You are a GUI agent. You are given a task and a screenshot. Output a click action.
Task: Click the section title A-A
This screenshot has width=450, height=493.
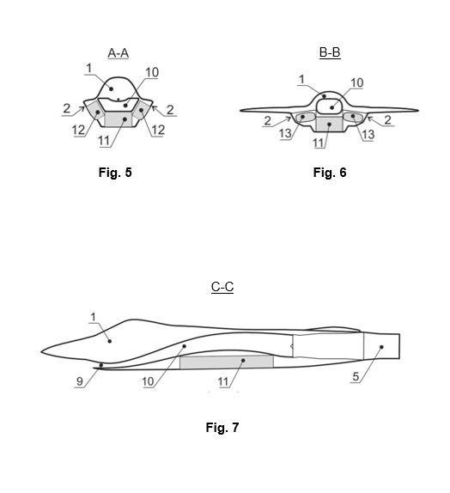(x=118, y=53)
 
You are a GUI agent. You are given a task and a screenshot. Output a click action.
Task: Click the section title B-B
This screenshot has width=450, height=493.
(x=330, y=52)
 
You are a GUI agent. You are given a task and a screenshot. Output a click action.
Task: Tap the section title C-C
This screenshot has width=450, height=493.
(x=222, y=287)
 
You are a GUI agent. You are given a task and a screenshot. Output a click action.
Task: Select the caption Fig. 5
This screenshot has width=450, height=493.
(x=115, y=173)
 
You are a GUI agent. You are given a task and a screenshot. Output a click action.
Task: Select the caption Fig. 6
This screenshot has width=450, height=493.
(x=330, y=173)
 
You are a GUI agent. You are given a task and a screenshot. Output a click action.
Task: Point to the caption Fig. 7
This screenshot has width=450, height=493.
(x=222, y=427)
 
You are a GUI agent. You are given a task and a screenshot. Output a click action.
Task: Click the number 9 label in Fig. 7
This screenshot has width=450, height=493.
(x=80, y=381)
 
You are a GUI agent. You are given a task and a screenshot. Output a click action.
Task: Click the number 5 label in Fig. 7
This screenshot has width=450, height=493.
(x=356, y=376)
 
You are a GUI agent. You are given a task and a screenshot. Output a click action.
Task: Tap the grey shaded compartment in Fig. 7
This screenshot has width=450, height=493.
(x=227, y=362)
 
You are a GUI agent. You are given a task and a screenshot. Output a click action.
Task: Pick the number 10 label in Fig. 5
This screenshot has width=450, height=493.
(x=152, y=72)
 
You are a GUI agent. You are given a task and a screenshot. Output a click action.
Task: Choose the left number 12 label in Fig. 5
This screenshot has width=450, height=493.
(x=79, y=130)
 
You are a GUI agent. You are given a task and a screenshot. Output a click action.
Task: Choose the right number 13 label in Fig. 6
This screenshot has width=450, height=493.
(x=368, y=135)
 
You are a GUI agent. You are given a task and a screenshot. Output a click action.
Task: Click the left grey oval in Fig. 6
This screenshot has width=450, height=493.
(x=305, y=117)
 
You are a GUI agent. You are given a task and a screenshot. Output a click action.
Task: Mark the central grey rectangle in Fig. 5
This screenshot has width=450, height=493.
(x=118, y=119)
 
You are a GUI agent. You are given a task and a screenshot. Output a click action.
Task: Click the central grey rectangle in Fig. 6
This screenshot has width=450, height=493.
(x=329, y=124)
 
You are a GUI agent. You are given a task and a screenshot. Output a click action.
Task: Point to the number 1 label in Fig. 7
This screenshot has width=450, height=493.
(x=93, y=317)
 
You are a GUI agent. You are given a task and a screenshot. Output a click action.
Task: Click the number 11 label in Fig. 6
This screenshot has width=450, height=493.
(x=319, y=143)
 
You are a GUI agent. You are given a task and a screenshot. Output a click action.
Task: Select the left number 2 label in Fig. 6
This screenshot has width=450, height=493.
(x=268, y=121)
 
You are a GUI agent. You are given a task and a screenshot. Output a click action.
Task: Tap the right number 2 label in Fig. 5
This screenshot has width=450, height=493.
(x=170, y=110)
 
